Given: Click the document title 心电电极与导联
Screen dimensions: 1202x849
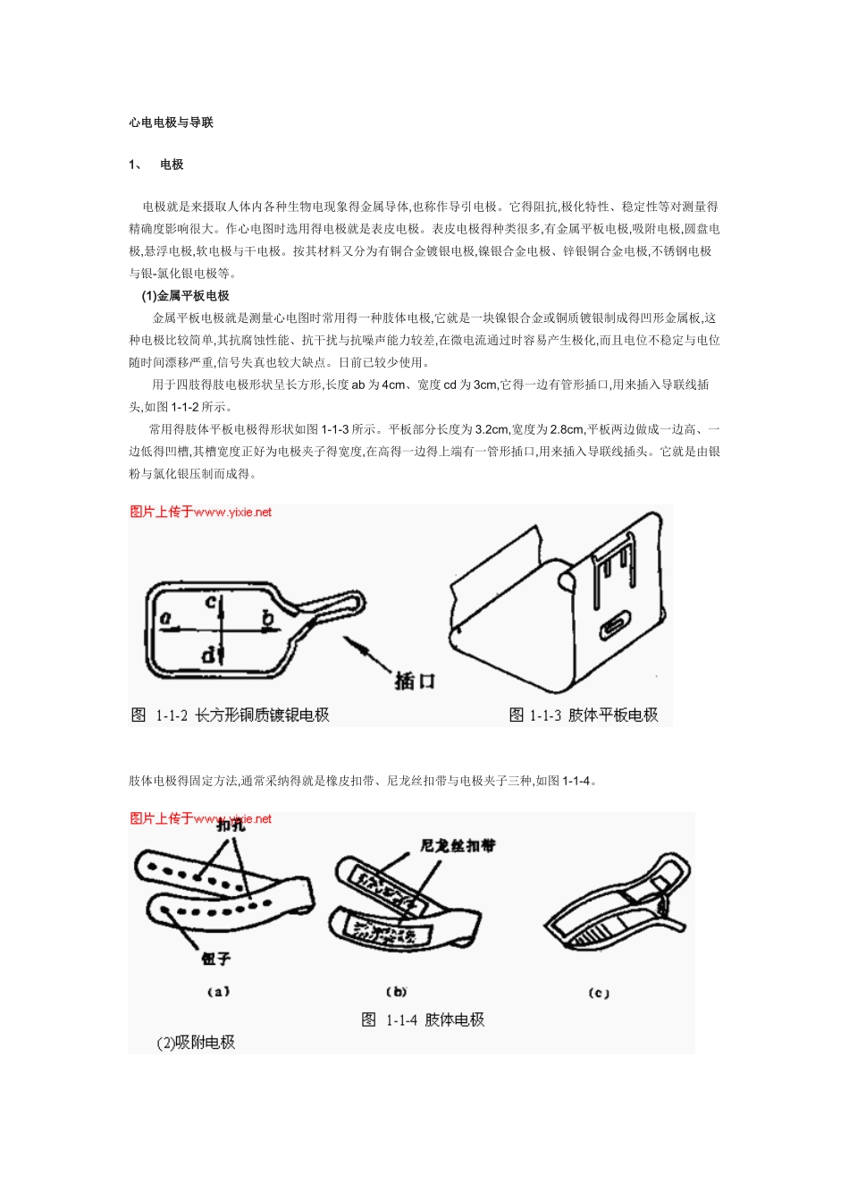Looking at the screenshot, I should pyautogui.click(x=171, y=123).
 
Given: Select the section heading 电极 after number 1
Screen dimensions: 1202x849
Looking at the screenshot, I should pyautogui.click(x=172, y=165).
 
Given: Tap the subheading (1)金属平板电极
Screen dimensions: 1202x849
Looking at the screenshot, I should pyautogui.click(x=185, y=295).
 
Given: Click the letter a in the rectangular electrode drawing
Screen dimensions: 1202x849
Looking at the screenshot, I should pyautogui.click(x=165, y=617).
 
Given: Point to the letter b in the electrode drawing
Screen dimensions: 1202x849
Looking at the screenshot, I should pyautogui.click(x=266, y=616).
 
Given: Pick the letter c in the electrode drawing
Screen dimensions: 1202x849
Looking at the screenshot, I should pyautogui.click(x=211, y=602).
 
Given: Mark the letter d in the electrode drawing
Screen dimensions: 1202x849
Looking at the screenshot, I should pyautogui.click(x=208, y=656).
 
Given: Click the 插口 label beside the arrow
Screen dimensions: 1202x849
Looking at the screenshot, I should pyautogui.click(x=415, y=680).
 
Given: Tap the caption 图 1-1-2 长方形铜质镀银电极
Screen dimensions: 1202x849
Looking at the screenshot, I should pyautogui.click(x=231, y=715).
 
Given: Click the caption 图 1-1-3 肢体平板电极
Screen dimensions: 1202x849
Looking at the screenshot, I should pyautogui.click(x=583, y=715).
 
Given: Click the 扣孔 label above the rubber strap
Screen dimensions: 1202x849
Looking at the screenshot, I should pyautogui.click(x=231, y=826).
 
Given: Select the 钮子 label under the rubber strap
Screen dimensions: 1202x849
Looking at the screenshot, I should pyautogui.click(x=215, y=959).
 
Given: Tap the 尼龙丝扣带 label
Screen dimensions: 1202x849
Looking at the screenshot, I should pyautogui.click(x=458, y=845).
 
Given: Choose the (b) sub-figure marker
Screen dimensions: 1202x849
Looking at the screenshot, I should pyautogui.click(x=397, y=991).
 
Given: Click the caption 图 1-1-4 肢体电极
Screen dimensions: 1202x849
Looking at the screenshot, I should pyautogui.click(x=423, y=1020).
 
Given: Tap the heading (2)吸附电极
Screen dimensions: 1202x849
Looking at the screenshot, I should pyautogui.click(x=196, y=1042).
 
